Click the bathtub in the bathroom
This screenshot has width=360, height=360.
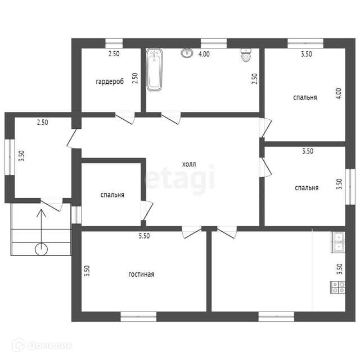tap(154, 70)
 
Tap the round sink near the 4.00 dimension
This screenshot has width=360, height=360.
tap(187, 53)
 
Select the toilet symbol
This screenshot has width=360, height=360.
tap(246, 55)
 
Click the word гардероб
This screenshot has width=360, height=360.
tap(110, 82)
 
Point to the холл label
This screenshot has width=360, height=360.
tap(189, 164)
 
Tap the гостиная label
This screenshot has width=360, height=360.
tap(141, 274)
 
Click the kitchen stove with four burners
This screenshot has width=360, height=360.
tap(337, 287)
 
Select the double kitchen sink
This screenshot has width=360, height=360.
tap(338, 242)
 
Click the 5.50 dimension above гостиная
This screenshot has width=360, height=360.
tap(144, 236)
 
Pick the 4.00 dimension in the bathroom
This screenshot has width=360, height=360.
tap(204, 54)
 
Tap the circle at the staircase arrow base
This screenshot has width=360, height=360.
tap(41, 249)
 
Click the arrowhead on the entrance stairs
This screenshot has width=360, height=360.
tap(41, 213)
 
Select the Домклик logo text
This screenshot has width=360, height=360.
tap(51, 345)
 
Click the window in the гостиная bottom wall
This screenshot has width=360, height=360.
tap(138, 316)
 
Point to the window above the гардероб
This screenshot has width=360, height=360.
tap(114, 43)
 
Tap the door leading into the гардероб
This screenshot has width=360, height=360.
tap(125, 118)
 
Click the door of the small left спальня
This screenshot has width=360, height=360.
tap(146, 210)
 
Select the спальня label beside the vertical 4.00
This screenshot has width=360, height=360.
tap(305, 97)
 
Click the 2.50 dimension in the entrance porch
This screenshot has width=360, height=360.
tap(43, 123)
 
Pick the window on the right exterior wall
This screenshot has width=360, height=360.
tap(350, 187)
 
